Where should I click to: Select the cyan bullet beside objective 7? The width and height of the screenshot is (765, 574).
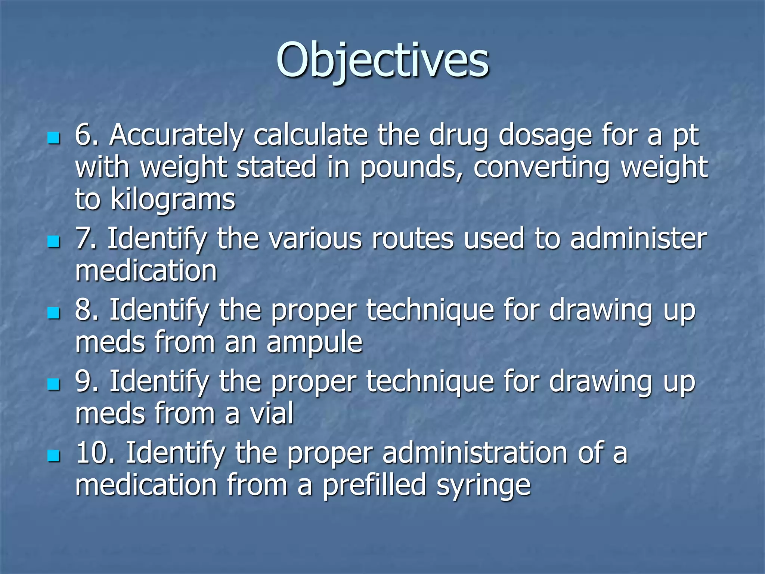pyautogui.click(x=54, y=242)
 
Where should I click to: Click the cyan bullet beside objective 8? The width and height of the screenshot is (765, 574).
pyautogui.click(x=54, y=313)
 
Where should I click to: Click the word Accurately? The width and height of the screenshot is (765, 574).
pyautogui.click(x=176, y=135)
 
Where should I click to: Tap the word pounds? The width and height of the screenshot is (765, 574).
pyautogui.click(x=411, y=168)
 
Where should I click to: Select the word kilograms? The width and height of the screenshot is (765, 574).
pyautogui.click(x=173, y=200)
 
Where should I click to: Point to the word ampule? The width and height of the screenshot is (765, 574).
pyautogui.click(x=314, y=342)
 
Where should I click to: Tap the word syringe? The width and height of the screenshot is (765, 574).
pyautogui.click(x=483, y=485)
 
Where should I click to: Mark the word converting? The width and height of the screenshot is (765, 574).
pyautogui.click(x=541, y=168)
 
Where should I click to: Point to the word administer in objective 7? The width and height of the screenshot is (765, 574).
pyautogui.click(x=638, y=238)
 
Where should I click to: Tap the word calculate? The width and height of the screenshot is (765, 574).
pyautogui.click(x=310, y=135)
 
